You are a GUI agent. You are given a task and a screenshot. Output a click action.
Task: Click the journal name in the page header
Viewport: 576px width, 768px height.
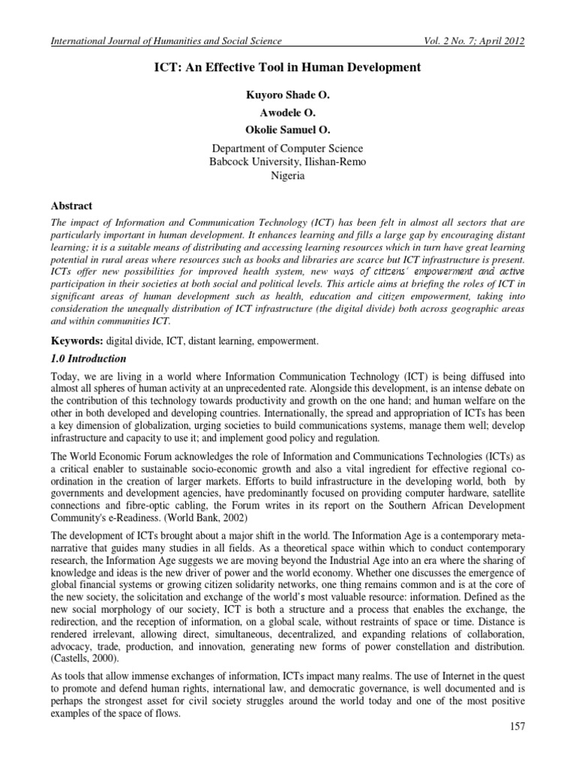(165, 42)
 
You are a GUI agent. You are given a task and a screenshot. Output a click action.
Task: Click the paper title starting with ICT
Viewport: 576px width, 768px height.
(287, 68)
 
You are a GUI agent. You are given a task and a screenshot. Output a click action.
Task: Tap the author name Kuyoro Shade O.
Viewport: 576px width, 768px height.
(287, 96)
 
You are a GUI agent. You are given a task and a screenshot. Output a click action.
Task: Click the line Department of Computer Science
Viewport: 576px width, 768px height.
(287, 148)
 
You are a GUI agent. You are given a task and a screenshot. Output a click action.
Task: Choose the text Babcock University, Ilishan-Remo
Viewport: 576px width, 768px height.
(287, 162)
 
